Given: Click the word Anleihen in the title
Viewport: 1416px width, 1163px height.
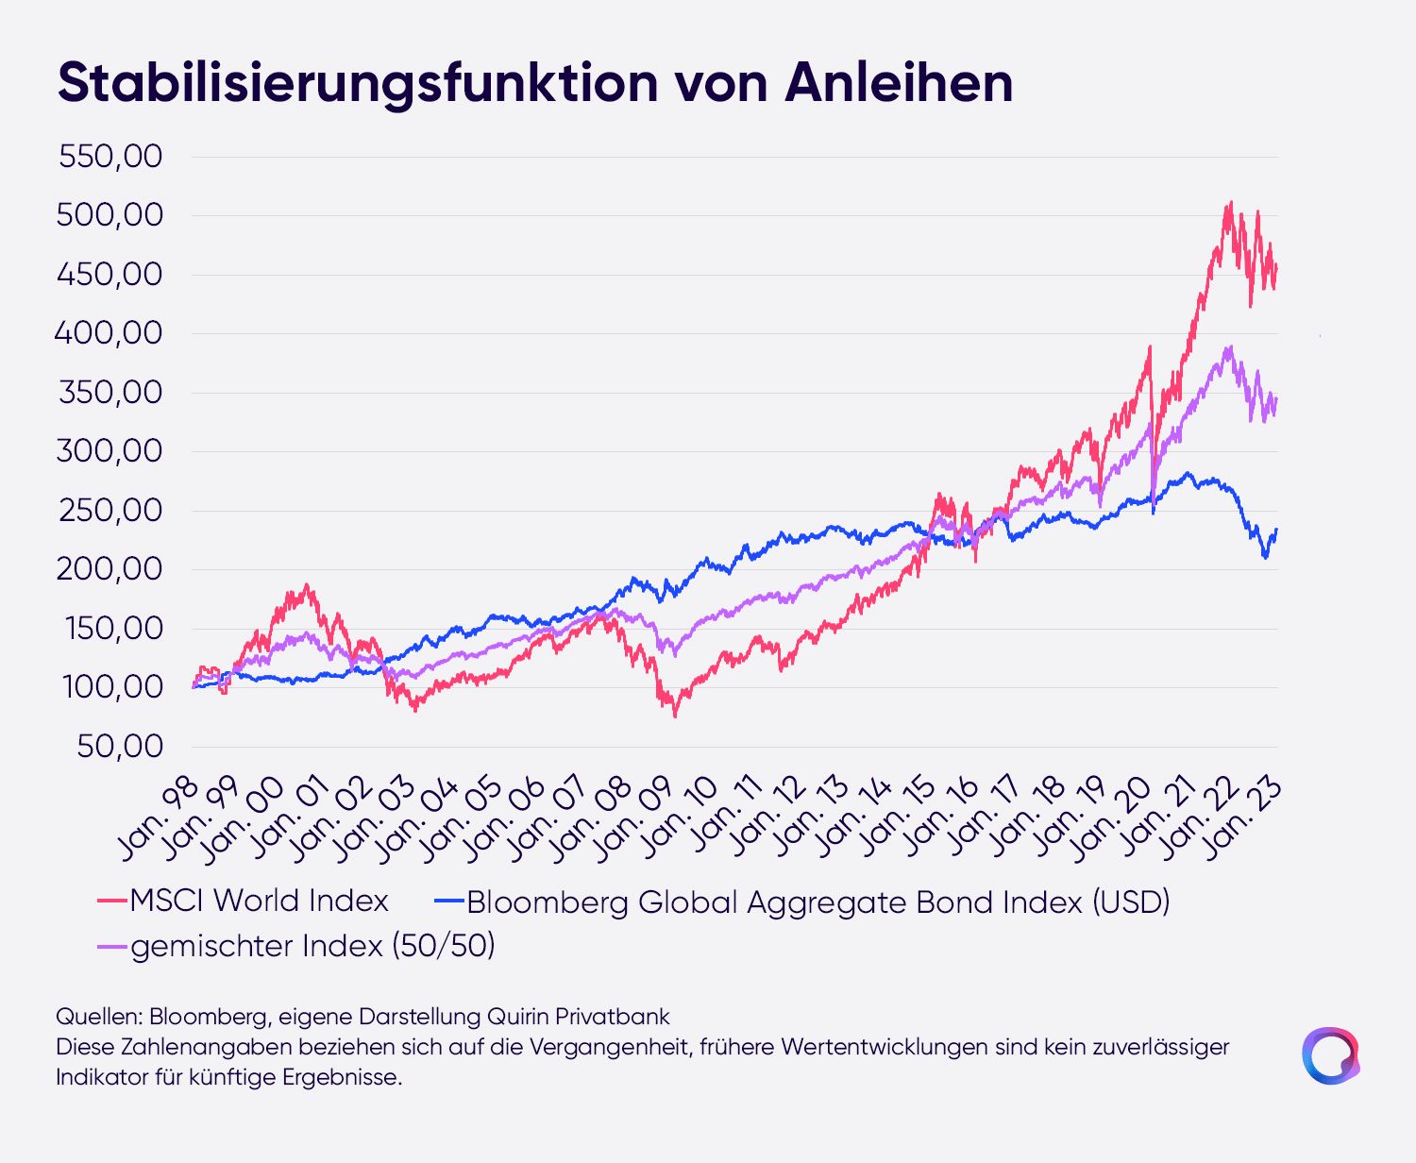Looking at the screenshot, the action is point(899,82).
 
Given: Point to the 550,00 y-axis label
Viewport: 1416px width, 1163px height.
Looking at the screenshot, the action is point(110,157).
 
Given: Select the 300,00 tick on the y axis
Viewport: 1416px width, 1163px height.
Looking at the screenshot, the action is point(110,450).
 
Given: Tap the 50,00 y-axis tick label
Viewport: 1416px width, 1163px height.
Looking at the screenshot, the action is point(120,746).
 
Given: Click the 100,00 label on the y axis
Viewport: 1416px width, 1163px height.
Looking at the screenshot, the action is point(112,686).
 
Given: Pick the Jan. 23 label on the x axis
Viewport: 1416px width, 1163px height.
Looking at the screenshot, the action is point(1242,819).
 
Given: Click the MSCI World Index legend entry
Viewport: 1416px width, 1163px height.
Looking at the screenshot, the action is point(243,901).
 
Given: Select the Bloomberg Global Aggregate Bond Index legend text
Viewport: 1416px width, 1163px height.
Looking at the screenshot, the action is point(802,902).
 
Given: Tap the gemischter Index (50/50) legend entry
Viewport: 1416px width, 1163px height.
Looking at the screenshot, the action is point(296,946).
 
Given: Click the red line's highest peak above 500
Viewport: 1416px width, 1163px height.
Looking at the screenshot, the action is point(1231,202).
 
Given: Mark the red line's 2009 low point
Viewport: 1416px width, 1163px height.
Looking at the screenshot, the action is point(676,716).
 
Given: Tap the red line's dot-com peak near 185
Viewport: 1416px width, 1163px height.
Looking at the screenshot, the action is point(308,585).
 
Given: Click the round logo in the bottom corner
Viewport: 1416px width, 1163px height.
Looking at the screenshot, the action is point(1330,1054).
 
